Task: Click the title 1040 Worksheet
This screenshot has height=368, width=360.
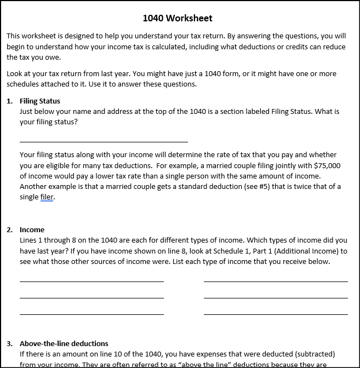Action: pyautogui.click(x=177, y=18)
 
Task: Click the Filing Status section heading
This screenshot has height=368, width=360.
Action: pyautogui.click(x=40, y=101)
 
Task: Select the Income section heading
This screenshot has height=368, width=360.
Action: pyautogui.click(x=32, y=229)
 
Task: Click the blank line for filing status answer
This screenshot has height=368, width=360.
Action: pyautogui.click(x=104, y=141)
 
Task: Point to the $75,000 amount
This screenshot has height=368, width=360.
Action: pyautogui.click(x=327, y=165)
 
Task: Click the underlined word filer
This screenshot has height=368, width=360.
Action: pyautogui.click(x=47, y=197)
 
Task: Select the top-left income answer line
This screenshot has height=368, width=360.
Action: pyautogui.click(x=92, y=281)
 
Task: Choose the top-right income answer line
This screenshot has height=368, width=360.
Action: pyautogui.click(x=276, y=281)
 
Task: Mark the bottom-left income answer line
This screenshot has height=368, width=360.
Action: pyautogui.click(x=92, y=314)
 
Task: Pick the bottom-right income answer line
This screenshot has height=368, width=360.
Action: pyautogui.click(x=276, y=314)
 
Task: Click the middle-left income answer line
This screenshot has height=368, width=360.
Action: pyautogui.click(x=92, y=298)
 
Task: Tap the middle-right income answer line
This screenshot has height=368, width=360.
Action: pyautogui.click(x=276, y=298)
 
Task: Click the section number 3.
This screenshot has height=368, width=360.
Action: pyautogui.click(x=9, y=343)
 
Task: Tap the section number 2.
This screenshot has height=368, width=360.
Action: pyautogui.click(x=9, y=229)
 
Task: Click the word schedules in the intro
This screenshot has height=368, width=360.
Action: pyautogui.click(x=24, y=84)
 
